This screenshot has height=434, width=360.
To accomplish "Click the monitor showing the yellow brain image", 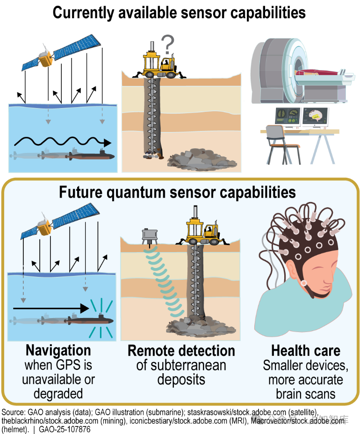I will (x=314, y=117).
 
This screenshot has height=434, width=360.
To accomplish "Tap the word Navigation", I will (x=58, y=350).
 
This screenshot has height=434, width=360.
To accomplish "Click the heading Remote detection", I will (x=181, y=351).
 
